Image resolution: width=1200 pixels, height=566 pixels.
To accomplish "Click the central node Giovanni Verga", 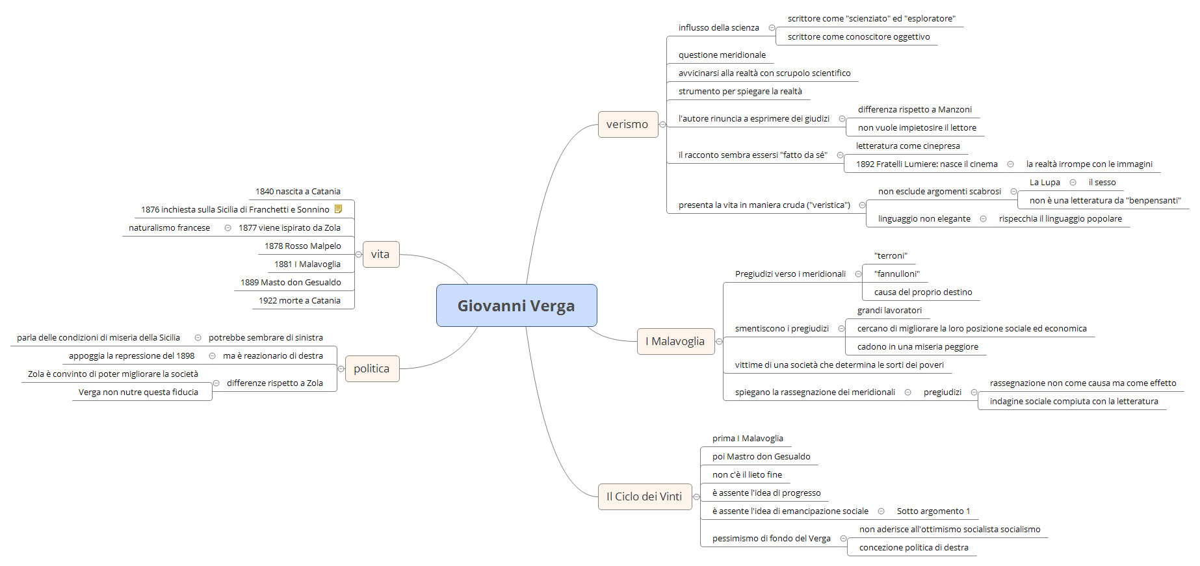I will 516,305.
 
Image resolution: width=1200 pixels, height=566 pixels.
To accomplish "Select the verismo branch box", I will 627,124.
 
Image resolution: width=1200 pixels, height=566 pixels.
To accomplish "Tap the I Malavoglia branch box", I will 675,341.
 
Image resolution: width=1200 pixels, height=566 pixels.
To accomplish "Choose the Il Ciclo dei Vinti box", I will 644,496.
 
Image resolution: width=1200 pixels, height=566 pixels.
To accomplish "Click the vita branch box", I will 380,254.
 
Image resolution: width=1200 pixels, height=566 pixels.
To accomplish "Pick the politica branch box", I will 371,368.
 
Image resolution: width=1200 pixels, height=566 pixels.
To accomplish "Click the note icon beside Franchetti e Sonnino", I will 339,209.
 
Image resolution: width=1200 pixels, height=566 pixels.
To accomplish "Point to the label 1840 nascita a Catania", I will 298,192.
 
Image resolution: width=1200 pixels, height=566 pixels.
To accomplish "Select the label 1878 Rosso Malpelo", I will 302,246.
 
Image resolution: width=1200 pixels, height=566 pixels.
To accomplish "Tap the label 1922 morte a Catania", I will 299,301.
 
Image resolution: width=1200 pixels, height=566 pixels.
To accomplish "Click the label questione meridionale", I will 722,55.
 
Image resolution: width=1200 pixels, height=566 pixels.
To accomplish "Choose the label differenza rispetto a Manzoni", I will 915,110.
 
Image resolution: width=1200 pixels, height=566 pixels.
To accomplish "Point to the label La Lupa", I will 1045,183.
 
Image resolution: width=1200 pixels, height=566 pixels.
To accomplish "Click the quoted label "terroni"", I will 891,256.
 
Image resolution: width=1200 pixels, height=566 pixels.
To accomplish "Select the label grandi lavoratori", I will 889,311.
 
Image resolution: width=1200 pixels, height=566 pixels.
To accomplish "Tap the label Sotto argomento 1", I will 933,511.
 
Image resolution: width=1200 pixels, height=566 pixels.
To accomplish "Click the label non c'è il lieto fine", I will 747,475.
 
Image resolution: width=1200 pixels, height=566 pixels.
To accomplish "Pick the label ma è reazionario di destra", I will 272,356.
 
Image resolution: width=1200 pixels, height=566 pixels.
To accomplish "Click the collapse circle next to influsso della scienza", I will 772,28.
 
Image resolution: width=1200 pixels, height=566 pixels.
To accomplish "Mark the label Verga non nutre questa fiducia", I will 138,392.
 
